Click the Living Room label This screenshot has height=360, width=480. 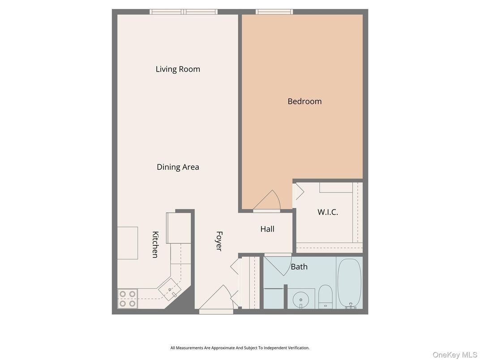tap(178, 69)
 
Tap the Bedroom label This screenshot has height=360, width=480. tap(304, 101)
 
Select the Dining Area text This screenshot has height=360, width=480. tap(178, 167)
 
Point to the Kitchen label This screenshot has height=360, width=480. tap(155, 244)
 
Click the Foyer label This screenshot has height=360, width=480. tap(219, 241)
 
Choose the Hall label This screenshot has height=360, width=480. tap(267, 229)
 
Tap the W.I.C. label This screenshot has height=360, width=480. tap(328, 212)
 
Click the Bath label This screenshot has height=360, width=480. tap(299, 267)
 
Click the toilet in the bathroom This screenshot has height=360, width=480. tap(326, 296)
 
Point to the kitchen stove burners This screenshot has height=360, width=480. tap(127, 299)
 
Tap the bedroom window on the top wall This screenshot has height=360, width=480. tap(274, 12)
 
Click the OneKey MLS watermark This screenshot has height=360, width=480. tap(454, 355)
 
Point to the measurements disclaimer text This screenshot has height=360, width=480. tap(240, 348)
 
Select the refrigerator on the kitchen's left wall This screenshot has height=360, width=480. tap(128, 243)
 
